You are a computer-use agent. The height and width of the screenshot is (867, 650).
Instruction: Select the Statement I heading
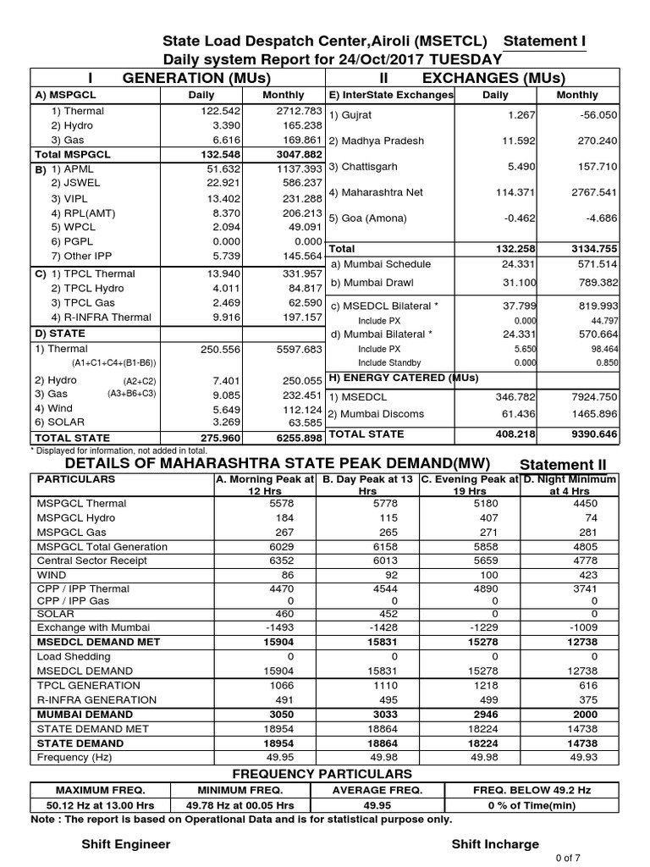[544, 42]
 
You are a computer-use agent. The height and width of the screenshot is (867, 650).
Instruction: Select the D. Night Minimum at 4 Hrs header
[570, 484]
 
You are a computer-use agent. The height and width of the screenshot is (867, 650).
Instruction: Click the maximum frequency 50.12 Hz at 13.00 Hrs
[101, 806]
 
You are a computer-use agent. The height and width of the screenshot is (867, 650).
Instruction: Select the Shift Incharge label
[494, 844]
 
